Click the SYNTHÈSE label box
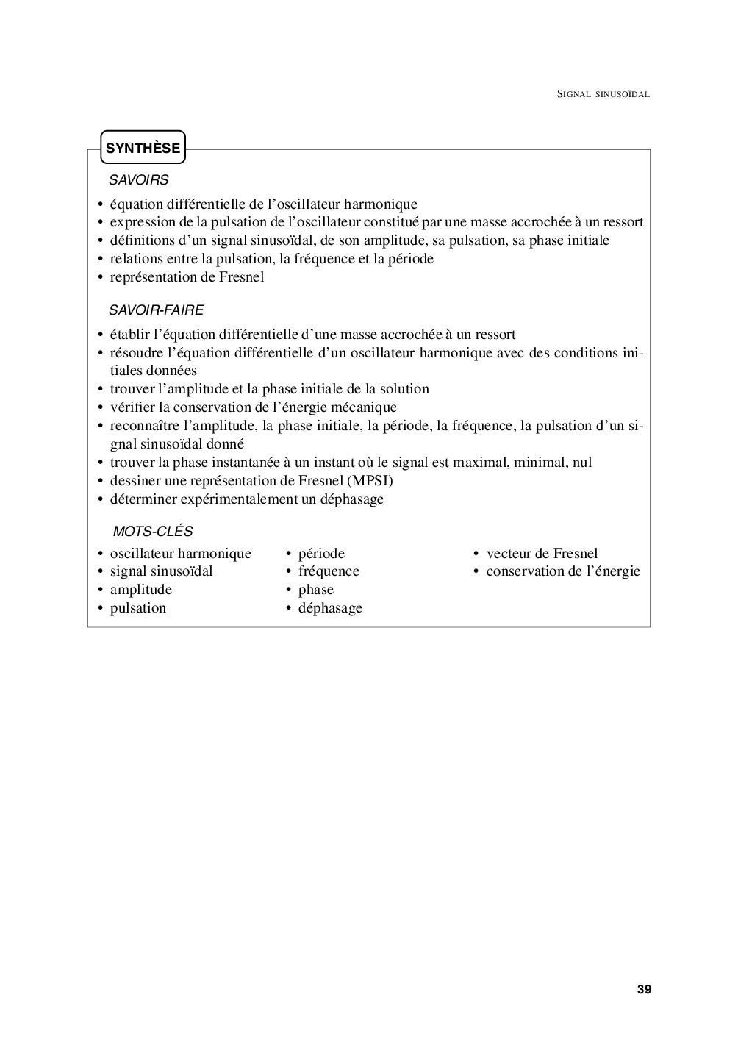click(143, 148)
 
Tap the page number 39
click(644, 989)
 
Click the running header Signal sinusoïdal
click(603, 94)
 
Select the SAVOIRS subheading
click(138, 179)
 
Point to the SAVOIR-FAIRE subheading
click(156, 310)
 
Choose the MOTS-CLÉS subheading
click(152, 531)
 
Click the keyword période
click(321, 554)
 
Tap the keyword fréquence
click(329, 571)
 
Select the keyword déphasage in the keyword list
click(330, 608)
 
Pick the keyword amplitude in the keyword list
click(141, 590)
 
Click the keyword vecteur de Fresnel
click(542, 554)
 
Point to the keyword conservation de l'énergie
click(563, 571)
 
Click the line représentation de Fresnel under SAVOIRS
click(187, 277)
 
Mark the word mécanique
click(365, 407)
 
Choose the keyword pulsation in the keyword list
click(138, 608)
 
